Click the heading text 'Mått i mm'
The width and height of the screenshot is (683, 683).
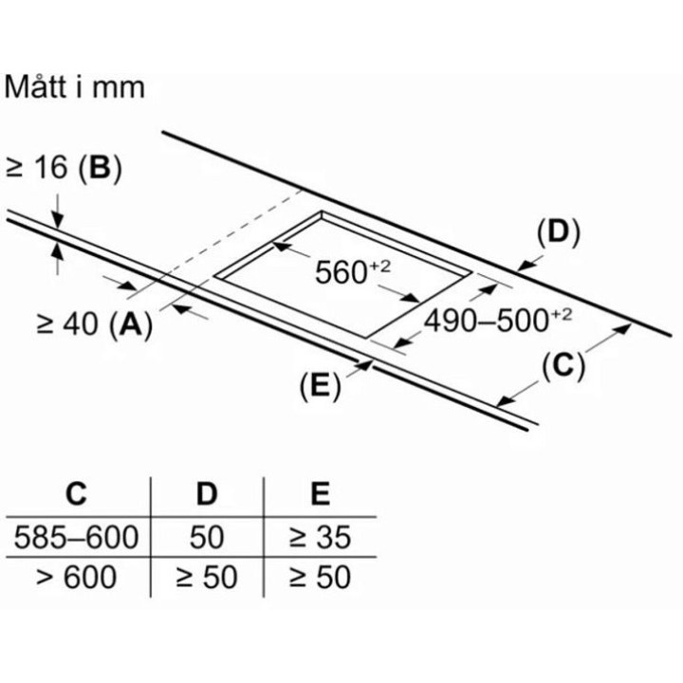click(x=74, y=87)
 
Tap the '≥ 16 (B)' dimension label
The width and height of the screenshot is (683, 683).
click(x=64, y=169)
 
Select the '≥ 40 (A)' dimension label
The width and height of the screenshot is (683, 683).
click(x=95, y=324)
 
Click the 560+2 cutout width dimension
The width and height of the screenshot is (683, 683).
click(x=353, y=272)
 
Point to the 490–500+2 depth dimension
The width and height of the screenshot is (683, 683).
click(x=498, y=321)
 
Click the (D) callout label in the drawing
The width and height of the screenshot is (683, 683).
click(x=559, y=232)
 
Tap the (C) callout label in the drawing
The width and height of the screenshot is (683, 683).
click(x=563, y=365)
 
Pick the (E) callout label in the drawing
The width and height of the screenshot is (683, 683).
click(x=321, y=386)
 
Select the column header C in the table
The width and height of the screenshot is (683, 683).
click(x=76, y=493)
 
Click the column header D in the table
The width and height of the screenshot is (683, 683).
click(x=207, y=493)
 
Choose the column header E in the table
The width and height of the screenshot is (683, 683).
click(x=321, y=493)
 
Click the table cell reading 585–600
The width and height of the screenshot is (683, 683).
click(x=76, y=537)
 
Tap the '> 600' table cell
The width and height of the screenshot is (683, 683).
click(x=76, y=577)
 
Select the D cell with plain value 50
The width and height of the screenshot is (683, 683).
click(x=207, y=537)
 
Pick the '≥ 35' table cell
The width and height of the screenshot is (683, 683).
click(x=321, y=537)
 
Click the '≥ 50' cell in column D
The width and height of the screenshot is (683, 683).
click(x=207, y=577)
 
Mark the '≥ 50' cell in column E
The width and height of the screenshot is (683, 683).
click(x=321, y=577)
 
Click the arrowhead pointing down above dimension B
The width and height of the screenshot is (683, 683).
click(x=57, y=219)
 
